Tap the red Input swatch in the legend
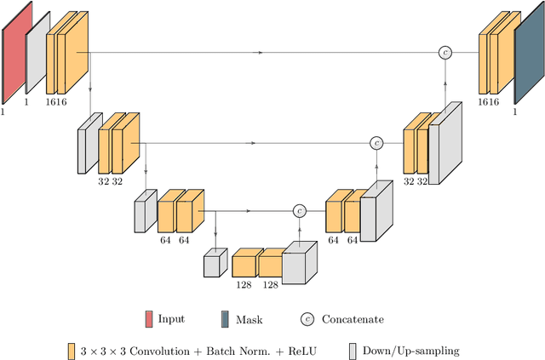click(x=149, y=320)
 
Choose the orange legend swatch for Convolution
click(x=72, y=351)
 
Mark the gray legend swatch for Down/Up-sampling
click(x=354, y=351)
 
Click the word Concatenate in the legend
click(x=353, y=320)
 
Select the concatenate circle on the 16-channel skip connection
click(x=445, y=53)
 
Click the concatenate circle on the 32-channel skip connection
click(x=376, y=143)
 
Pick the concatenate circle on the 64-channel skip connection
click(x=300, y=210)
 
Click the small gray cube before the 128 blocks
click(x=215, y=264)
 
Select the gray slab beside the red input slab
click(x=37, y=54)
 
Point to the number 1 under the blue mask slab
click(x=513, y=111)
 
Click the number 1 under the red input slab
click(x=4, y=111)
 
